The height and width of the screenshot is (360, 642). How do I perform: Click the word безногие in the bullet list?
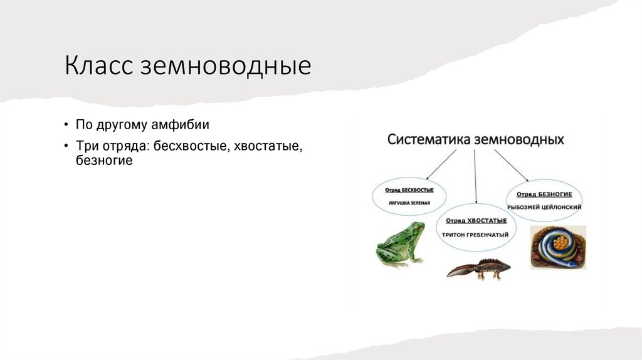(104, 161)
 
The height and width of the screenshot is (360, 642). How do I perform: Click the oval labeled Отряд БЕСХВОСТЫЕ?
(409, 196)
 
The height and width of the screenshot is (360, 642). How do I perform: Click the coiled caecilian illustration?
(557, 247)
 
